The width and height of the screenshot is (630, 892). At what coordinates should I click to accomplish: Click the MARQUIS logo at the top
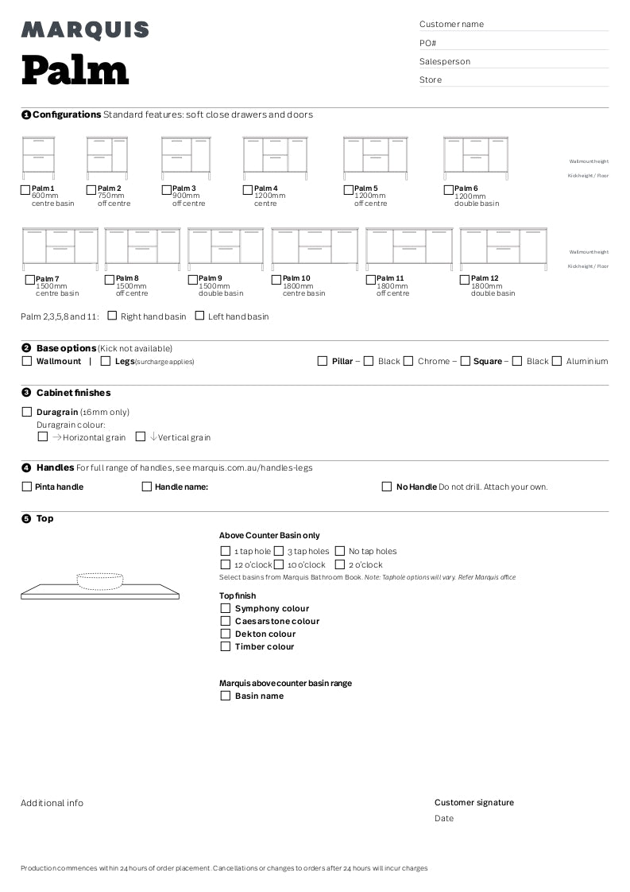[85, 30]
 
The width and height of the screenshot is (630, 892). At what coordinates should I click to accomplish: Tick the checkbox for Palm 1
[25, 189]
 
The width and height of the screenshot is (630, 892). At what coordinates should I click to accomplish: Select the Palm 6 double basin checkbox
[448, 189]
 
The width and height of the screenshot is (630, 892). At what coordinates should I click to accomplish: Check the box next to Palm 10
[276, 279]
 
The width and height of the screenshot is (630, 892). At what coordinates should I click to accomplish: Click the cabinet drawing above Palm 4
[275, 155]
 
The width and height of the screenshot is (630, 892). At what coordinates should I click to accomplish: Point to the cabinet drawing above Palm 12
[503, 247]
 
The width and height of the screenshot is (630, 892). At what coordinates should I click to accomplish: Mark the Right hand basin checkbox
[112, 316]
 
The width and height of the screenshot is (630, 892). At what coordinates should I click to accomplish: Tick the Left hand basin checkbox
[199, 316]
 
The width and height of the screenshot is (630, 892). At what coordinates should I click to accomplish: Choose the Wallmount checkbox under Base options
[27, 361]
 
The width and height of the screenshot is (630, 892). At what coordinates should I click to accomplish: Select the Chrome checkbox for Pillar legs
[408, 361]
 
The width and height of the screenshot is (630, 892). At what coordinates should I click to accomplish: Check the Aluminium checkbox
[557, 361]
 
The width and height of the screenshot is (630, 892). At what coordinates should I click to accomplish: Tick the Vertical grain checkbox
[141, 436]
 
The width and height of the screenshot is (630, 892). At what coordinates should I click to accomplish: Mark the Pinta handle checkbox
[27, 487]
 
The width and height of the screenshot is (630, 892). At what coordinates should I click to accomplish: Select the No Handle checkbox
[387, 487]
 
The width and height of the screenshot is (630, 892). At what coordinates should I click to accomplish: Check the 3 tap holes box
[279, 551]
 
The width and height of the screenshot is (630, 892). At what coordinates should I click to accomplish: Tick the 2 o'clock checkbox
[340, 564]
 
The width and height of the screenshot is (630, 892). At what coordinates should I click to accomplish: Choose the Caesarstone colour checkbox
[226, 621]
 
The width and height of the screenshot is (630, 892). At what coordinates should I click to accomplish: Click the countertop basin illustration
[99, 585]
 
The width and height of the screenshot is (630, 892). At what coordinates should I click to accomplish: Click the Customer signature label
[473, 802]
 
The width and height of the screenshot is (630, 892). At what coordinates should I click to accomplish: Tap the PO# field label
[427, 43]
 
